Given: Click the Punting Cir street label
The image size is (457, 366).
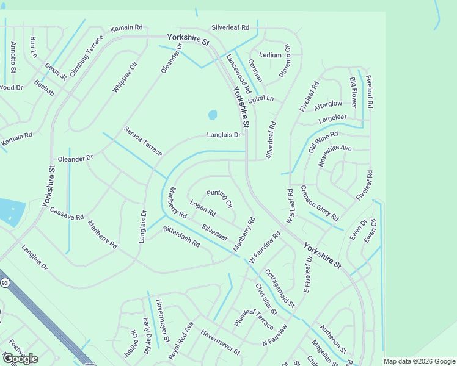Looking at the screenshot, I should (220, 198).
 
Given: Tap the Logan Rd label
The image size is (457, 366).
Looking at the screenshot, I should (203, 209).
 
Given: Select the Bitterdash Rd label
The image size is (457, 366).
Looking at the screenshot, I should (181, 236).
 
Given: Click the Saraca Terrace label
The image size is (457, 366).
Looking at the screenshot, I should (143, 141).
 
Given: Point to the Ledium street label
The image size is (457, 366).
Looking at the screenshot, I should (270, 55).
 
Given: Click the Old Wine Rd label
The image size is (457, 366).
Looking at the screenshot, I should (323, 142).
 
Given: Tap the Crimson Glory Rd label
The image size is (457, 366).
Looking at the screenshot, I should (320, 203).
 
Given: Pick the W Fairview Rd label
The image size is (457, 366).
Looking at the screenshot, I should (265, 246).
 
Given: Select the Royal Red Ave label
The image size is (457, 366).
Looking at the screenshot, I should (181, 339).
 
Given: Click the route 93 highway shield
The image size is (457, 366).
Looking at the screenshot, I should (5, 282).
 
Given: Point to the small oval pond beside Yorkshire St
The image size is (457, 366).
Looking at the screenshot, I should (213, 115).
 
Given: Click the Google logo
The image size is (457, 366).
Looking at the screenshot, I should (20, 358).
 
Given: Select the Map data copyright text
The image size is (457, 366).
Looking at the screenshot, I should (419, 361).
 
